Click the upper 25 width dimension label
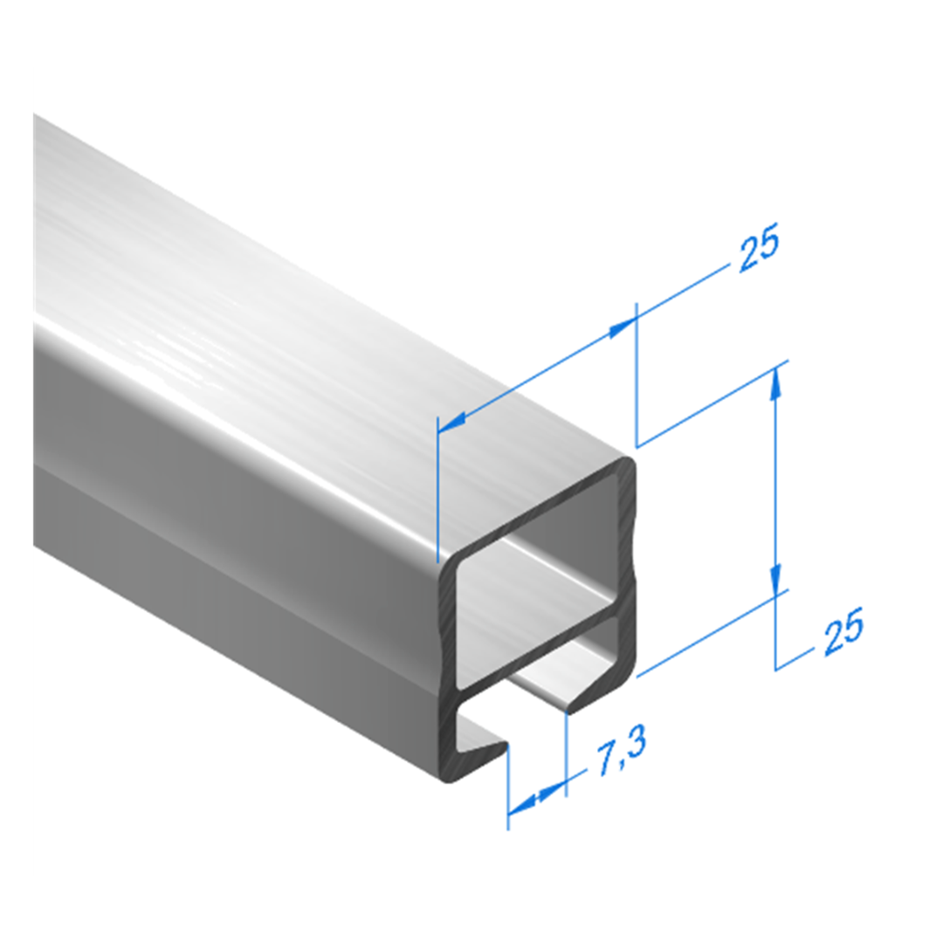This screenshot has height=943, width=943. (759, 246)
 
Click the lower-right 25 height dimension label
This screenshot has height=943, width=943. (843, 630)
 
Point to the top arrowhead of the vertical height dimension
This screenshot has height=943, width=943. (776, 382)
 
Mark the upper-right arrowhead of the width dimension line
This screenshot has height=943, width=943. (623, 327)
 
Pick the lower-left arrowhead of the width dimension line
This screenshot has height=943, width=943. (452, 423)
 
